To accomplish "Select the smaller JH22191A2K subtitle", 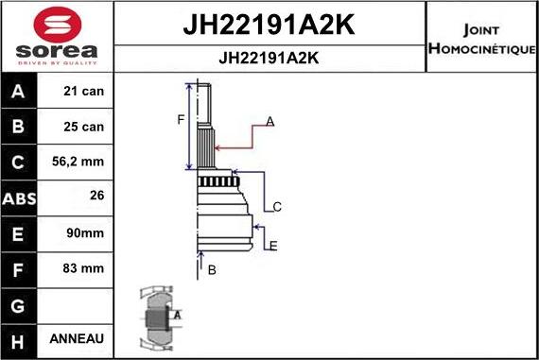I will coord(269,58).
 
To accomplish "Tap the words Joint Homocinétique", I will coord(482,39).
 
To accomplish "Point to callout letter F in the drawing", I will coord(180,119).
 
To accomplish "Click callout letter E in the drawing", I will coord(273,247).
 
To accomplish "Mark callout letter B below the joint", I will coord(212,270).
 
